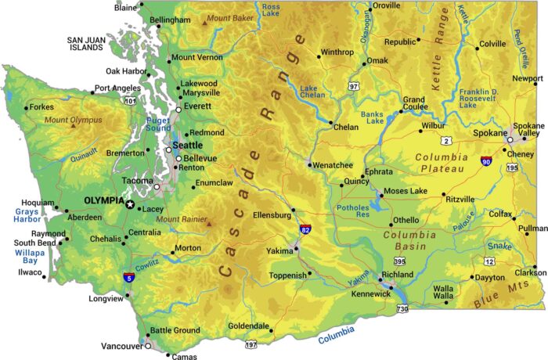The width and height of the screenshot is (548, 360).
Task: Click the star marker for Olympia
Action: click(130, 204)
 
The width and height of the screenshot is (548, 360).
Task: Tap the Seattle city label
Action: click(187, 146)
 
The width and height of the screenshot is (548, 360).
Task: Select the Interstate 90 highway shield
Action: click(486, 161)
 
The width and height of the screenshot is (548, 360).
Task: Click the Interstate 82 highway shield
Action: click(305, 231)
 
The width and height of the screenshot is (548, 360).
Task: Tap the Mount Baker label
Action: click(230, 18)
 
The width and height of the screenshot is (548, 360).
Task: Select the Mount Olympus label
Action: click(73, 120)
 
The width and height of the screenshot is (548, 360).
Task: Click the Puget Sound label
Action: click(158, 124)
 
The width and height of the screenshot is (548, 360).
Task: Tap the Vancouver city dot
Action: click(148, 345)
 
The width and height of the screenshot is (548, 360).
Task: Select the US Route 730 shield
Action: click(402, 309)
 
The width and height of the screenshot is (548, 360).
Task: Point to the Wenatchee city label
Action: click(333, 165)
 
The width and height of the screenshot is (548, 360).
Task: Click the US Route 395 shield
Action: click(399, 261)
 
